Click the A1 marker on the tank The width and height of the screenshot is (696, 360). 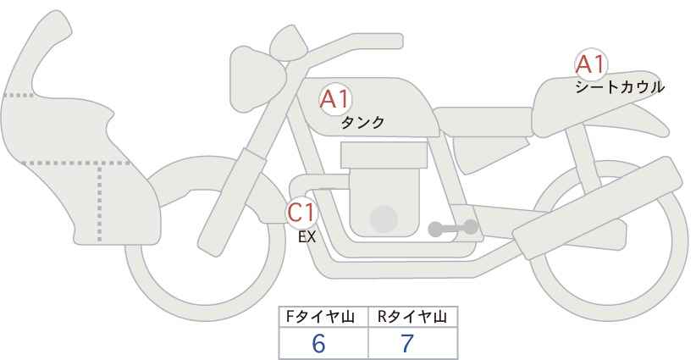coord(335,99)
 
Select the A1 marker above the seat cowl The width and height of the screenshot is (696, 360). coord(591,64)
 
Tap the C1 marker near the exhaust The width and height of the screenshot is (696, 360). coord(301,212)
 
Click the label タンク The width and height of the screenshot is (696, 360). coord(362,122)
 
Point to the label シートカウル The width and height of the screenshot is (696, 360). coord(620,87)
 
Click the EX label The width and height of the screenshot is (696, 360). coord(307,237)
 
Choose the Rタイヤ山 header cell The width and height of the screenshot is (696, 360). coord(413,317)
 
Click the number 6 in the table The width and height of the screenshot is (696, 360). coord(318,343)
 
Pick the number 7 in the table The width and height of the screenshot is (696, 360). coord(407,343)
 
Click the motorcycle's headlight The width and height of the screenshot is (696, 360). coord(257,79)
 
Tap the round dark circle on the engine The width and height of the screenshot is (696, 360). coord(384,219)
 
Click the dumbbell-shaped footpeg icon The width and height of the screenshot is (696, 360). coord(453,228)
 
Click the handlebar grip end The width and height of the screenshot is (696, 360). coord(390,42)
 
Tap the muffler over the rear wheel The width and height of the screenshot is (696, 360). coord(598,208)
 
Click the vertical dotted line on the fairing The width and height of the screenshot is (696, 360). coord(99,202)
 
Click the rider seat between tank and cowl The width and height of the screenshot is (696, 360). coord(483,122)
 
